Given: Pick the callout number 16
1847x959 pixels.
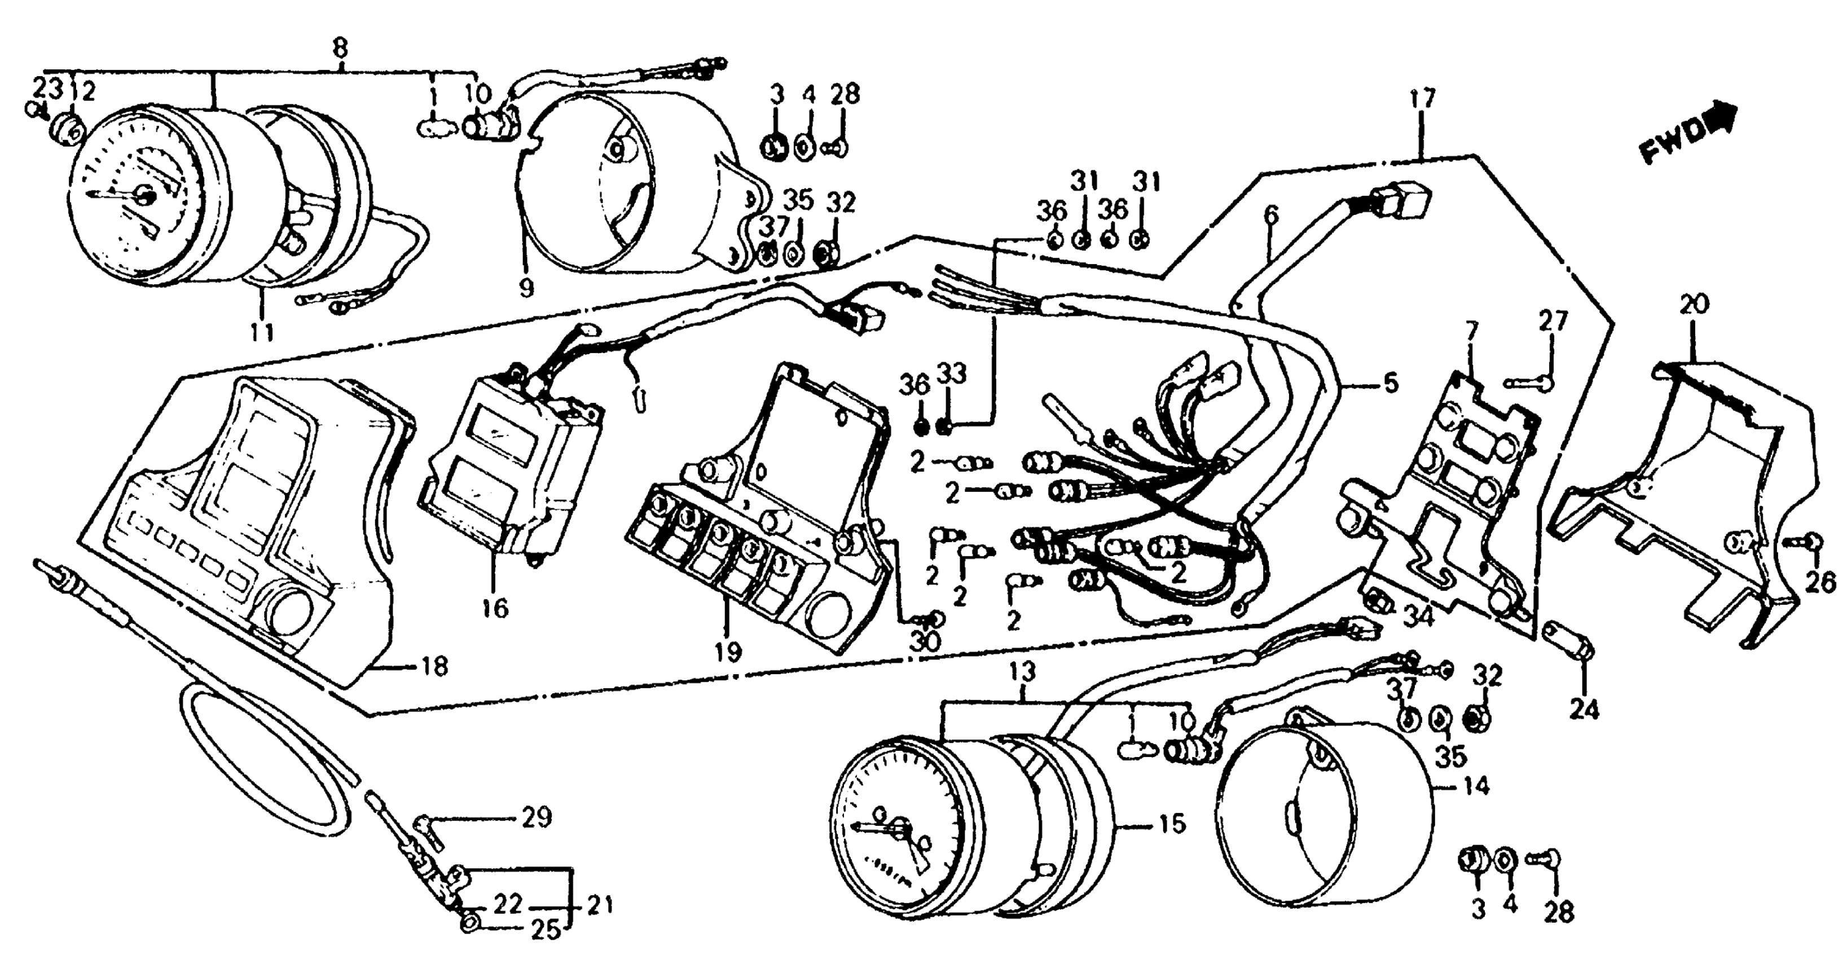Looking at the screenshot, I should point(495,609).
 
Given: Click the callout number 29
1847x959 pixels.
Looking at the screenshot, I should point(537,817).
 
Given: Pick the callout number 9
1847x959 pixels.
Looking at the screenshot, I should point(527,288).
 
